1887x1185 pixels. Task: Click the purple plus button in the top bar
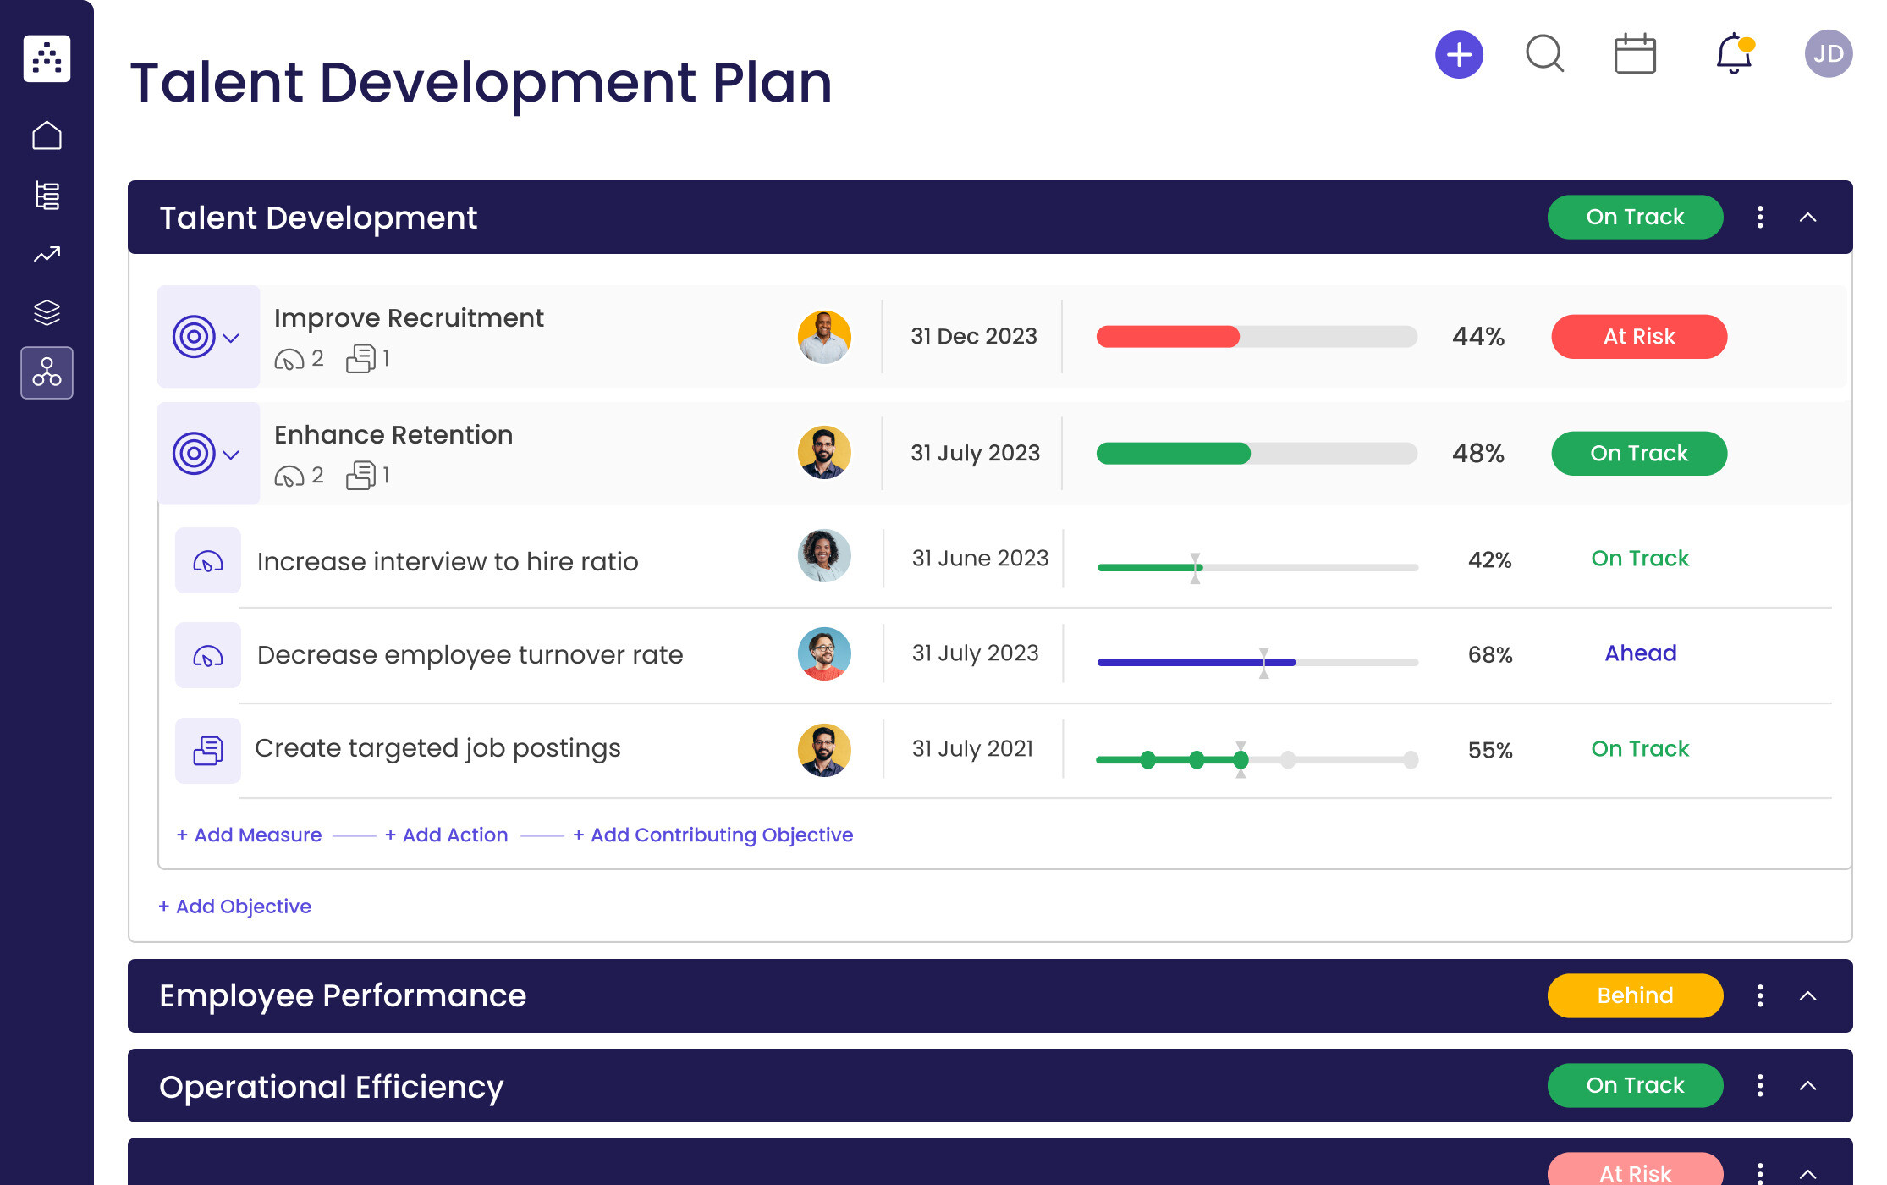[x=1459, y=55]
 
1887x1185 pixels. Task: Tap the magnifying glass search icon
[x=1544, y=54]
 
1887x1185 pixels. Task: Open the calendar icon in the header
[x=1634, y=55]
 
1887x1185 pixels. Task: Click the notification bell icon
[x=1733, y=54]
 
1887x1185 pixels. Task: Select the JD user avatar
[x=1828, y=54]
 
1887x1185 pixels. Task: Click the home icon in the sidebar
[x=47, y=135]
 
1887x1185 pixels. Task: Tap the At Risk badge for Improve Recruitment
[x=1638, y=337]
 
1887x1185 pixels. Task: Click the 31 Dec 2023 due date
[x=973, y=337]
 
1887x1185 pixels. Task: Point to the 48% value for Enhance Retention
[x=1477, y=454]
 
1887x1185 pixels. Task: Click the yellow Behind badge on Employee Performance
[x=1634, y=995]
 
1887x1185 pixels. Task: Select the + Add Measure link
[x=249, y=835]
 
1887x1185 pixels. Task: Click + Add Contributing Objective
[x=712, y=835]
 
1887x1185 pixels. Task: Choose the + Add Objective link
[x=234, y=907]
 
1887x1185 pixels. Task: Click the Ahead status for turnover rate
[x=1640, y=653]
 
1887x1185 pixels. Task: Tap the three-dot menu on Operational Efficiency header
[x=1760, y=1085]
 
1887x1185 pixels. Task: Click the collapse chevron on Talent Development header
[x=1807, y=218]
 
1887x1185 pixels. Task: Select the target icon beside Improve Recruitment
[x=195, y=337]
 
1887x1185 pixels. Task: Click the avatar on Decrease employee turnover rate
[x=823, y=653]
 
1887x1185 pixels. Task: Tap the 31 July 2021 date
[x=972, y=749]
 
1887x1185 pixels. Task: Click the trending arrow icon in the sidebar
[x=47, y=254]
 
